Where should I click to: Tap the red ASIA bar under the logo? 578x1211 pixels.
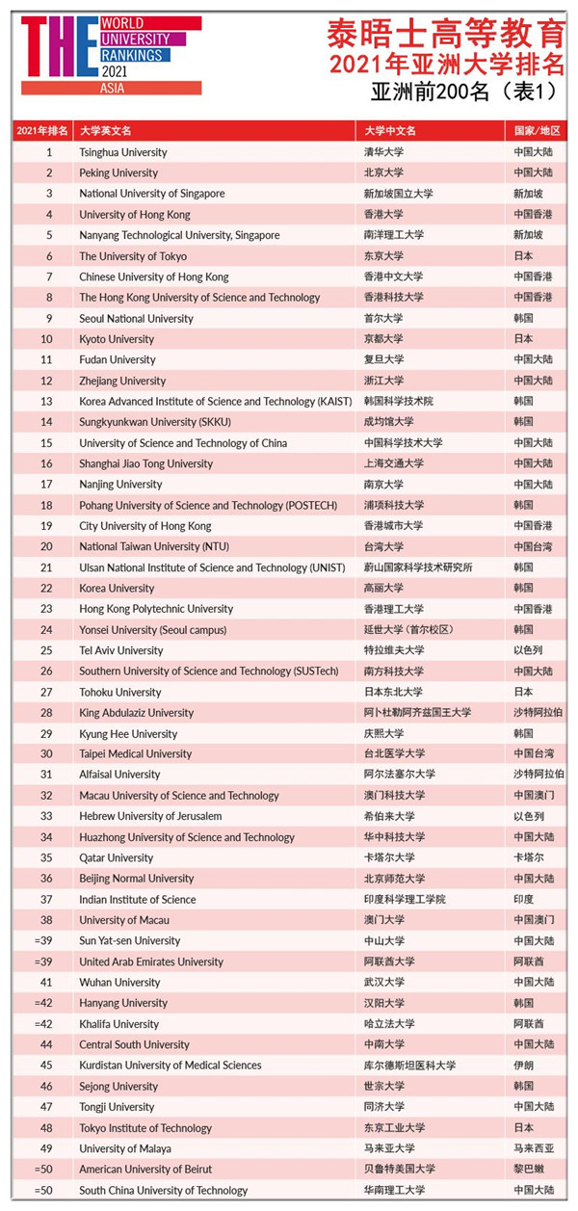[112, 88]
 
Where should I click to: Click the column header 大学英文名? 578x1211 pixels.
[105, 131]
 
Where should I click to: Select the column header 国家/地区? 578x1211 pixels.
[537, 131]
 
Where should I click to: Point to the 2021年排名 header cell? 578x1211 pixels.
[42, 131]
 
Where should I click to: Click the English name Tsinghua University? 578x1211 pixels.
[122, 152]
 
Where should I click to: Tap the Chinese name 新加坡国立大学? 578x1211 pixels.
[398, 194]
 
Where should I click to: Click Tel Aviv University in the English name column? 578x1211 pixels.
[120, 650]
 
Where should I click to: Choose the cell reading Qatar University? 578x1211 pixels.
[116, 857]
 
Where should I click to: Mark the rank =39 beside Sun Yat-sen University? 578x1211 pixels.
[44, 940]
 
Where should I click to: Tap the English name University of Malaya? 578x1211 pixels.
[125, 1148]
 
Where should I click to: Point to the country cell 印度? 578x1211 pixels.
[524, 899]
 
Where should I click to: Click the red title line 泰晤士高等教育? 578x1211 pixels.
[444, 34]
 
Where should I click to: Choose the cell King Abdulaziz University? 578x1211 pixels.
[136, 713]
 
